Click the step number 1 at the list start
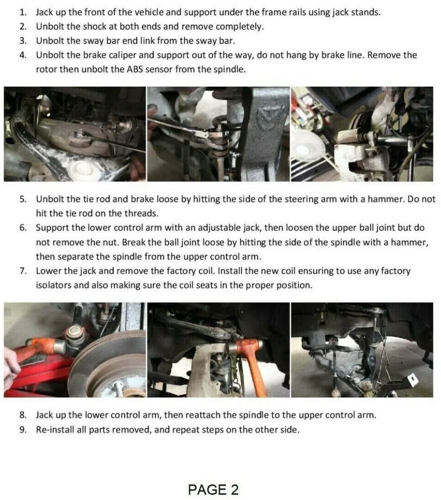tap(22, 12)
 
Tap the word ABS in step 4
tap(135, 69)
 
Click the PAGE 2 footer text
tap(213, 490)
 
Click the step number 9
tap(22, 430)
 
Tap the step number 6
tap(22, 228)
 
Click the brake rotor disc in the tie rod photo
tap(108, 364)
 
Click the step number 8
tap(22, 415)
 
